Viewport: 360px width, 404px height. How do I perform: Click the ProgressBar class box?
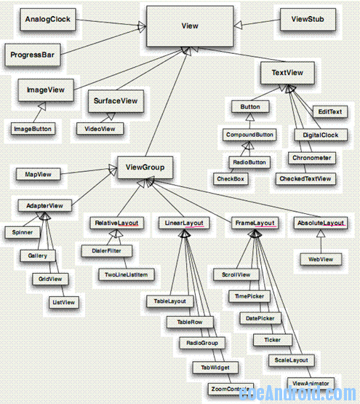tap(36, 55)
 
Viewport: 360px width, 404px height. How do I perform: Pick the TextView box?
tap(287, 73)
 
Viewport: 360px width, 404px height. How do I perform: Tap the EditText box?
tap(329, 112)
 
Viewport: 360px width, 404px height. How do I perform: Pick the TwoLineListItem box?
tap(126, 274)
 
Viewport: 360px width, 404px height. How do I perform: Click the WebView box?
tap(321, 258)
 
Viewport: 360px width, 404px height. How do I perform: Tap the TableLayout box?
tap(169, 300)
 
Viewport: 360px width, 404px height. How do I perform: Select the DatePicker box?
tap(260, 318)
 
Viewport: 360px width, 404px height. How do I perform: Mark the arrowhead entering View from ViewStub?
tap(241, 23)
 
